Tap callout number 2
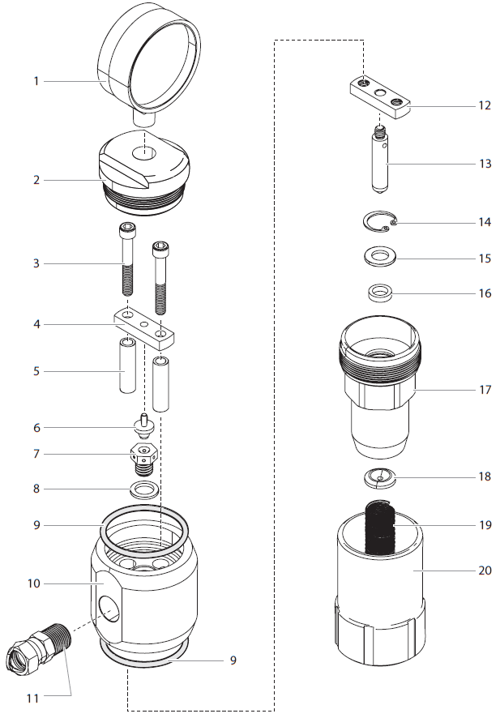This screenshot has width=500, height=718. pos(36,179)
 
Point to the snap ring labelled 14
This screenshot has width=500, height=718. pos(378,222)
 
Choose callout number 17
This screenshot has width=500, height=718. pos(485,390)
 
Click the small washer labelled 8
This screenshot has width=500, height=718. pos(143,489)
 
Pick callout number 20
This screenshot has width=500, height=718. pos(485,570)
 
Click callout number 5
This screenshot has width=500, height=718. pos(36,371)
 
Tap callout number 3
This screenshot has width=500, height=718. pos(36,263)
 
